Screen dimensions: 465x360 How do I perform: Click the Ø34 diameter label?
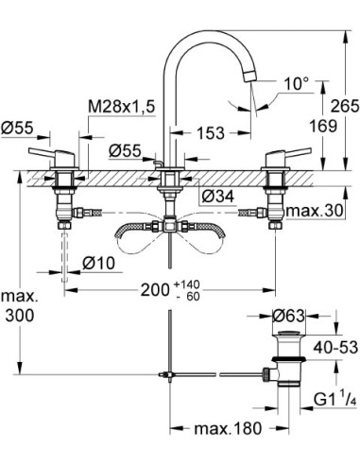pos(220,195)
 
